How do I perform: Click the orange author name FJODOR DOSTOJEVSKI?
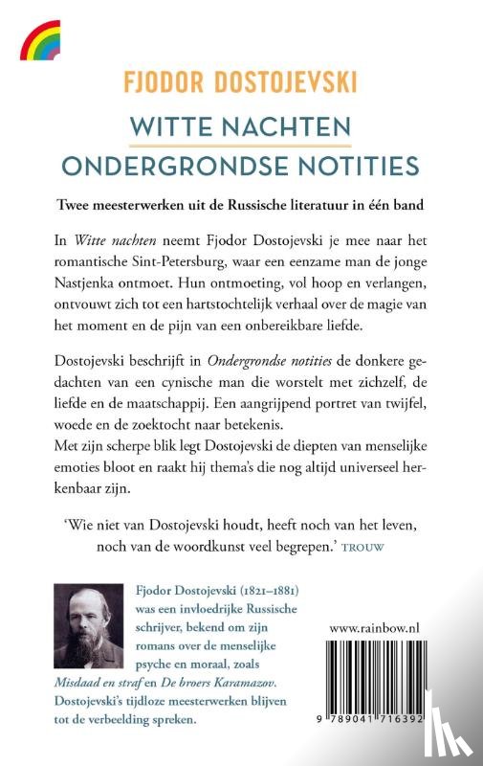click(x=241, y=83)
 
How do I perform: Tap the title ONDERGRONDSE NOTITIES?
click(x=241, y=166)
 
